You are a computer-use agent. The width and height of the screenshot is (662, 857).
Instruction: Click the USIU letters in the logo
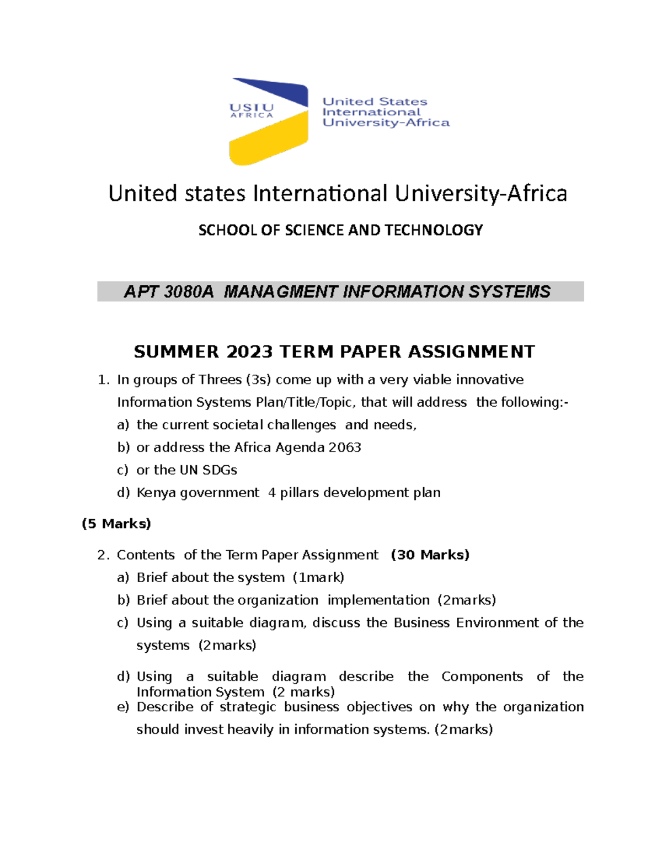tap(252, 108)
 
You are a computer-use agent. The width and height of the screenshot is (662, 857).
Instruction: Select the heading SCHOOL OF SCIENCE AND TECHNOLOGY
tap(340, 230)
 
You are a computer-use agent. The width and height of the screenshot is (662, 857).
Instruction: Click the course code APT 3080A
tap(168, 291)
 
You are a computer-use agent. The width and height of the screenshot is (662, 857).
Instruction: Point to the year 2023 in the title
tap(249, 352)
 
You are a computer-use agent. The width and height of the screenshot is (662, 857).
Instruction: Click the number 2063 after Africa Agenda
tap(345, 447)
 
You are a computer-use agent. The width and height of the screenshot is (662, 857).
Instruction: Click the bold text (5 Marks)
tap(116, 523)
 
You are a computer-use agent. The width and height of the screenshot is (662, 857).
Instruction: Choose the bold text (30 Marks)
tap(430, 555)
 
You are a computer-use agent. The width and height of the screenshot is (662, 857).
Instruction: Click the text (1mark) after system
tap(318, 577)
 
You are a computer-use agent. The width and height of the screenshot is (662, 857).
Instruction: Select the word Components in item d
tap(482, 677)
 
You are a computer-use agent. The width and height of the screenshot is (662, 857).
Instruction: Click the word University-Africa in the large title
tap(481, 194)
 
